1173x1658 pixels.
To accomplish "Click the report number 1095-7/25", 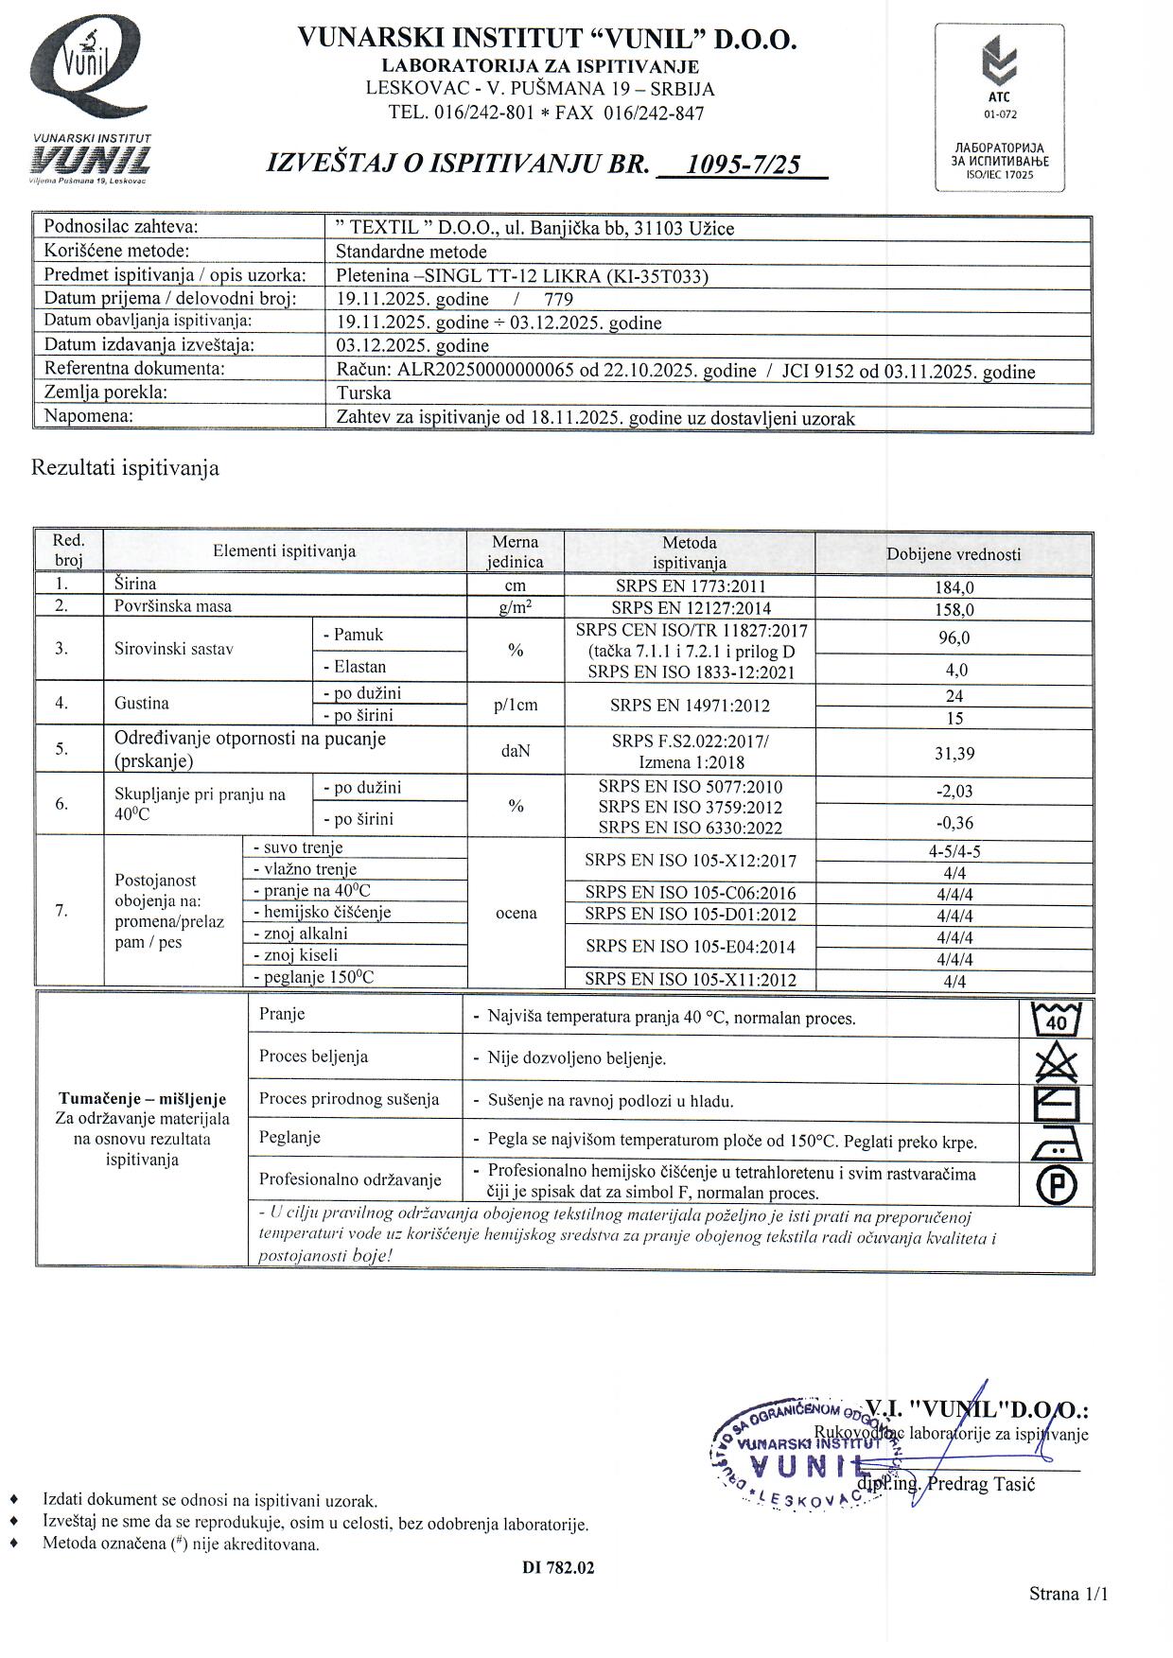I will tap(743, 166).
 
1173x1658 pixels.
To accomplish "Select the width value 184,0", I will tap(954, 587).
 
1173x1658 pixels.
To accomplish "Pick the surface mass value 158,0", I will tap(954, 610).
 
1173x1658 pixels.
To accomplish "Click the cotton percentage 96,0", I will tap(954, 638).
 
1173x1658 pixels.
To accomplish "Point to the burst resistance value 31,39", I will tap(954, 754).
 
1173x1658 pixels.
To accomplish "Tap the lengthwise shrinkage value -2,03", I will tap(954, 792).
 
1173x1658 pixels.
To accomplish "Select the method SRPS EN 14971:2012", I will tap(690, 706).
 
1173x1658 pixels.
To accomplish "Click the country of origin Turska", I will tap(364, 393).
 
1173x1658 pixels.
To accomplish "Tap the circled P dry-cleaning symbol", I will tap(1056, 1185).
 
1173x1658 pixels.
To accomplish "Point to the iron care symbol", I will tap(1056, 1144).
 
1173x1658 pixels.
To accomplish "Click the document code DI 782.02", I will tap(558, 1567).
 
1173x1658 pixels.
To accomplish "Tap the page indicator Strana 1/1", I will tap(1068, 1594).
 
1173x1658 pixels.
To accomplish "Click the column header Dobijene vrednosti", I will tap(954, 554).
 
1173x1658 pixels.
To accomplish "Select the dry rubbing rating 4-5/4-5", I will tap(954, 851).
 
